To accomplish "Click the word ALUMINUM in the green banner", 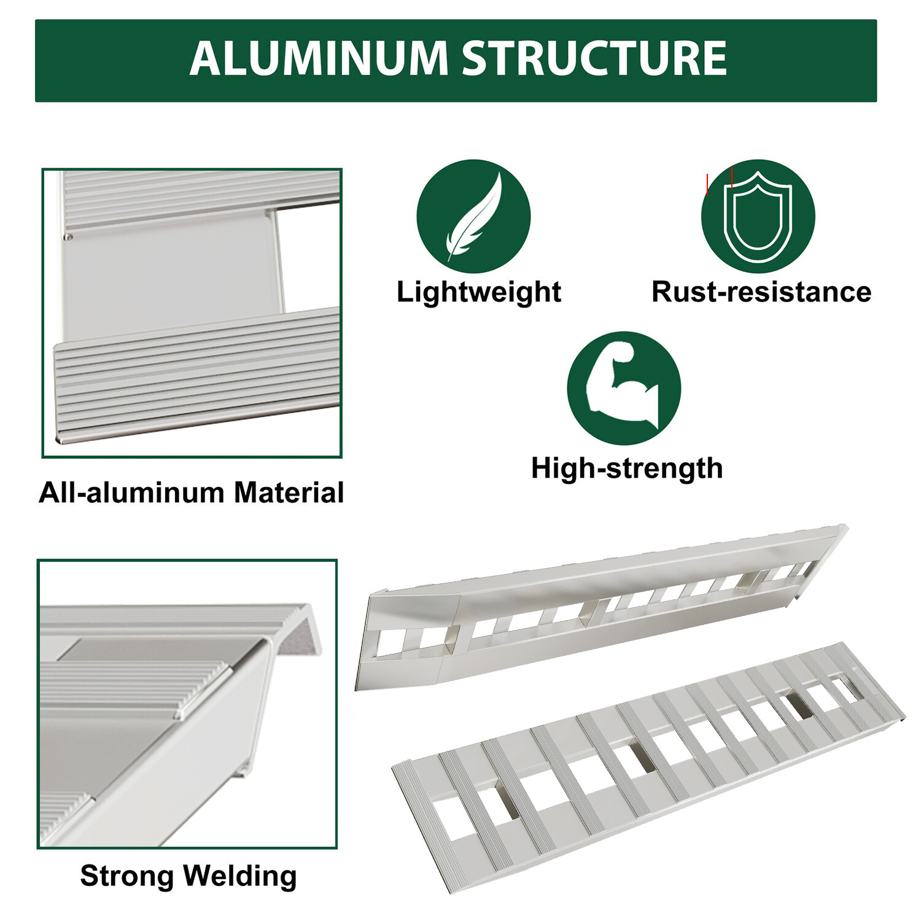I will tap(319, 59).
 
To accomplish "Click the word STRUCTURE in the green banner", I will tap(594, 59).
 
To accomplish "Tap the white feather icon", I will tap(475, 216).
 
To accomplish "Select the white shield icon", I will tap(758, 217).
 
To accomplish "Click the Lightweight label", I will tap(478, 292).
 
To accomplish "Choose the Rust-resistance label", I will tap(761, 292).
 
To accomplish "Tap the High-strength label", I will tap(626, 468).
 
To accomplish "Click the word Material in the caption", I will tap(289, 492).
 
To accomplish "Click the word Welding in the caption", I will tap(241, 876).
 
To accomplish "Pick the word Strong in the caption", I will tap(126, 876).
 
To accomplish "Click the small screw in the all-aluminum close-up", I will tap(68, 237).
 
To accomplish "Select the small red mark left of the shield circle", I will tap(707, 184).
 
